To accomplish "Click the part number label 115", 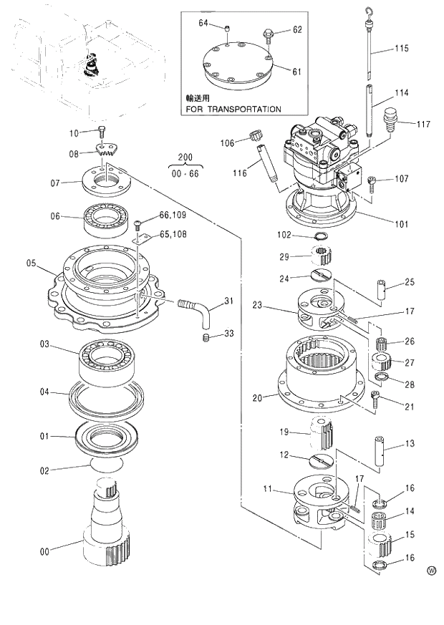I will tap(401, 49).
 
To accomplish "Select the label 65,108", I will tap(173, 234).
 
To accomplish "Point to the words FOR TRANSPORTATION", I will tap(233, 110).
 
